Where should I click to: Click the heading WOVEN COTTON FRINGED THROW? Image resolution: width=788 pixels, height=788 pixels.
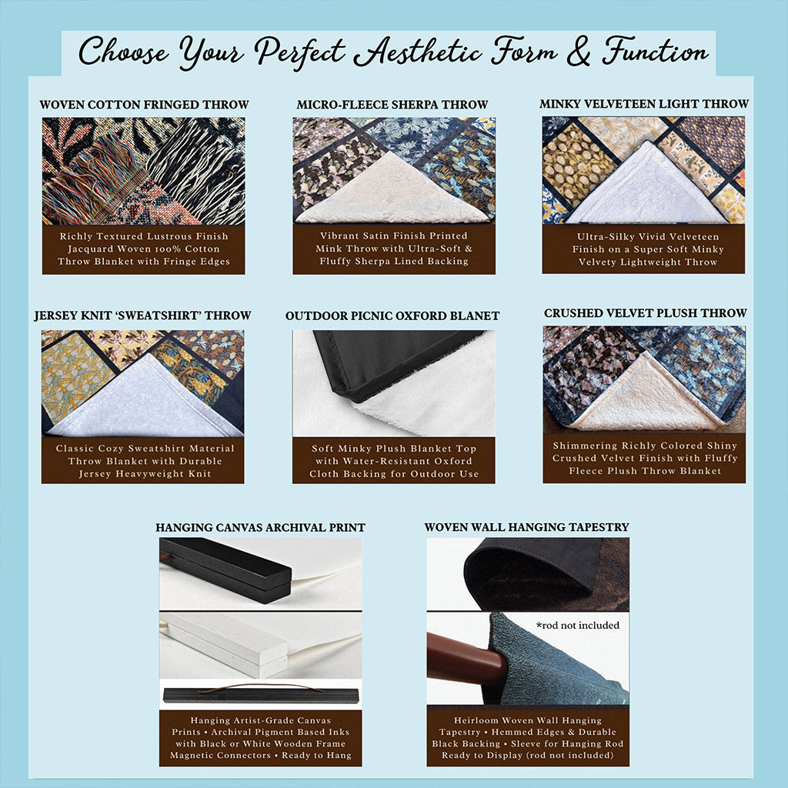144,105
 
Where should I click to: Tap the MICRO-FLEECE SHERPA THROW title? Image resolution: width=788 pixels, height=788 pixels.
392,105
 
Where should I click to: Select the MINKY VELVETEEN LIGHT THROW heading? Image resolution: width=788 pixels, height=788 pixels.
644,104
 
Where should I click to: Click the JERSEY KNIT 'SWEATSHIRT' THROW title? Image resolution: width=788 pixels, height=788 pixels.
142,316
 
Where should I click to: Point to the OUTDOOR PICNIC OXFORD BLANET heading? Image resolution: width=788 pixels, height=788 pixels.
392,316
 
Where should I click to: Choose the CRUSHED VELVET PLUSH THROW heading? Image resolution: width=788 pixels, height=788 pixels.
646,313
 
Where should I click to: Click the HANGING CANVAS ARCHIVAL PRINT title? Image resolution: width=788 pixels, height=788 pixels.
260,528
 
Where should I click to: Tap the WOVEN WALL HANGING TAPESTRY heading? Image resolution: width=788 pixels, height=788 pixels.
526,527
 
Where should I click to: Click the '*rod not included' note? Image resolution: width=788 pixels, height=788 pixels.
578,626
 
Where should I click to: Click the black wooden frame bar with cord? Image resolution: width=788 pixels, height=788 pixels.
225,569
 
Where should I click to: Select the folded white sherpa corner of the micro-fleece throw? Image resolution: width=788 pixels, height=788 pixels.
391,191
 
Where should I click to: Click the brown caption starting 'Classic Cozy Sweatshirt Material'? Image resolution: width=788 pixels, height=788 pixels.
142,461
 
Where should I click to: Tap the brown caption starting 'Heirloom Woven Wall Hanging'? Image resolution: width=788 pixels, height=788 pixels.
528,738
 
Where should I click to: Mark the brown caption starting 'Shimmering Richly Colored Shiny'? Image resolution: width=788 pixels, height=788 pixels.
644,459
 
